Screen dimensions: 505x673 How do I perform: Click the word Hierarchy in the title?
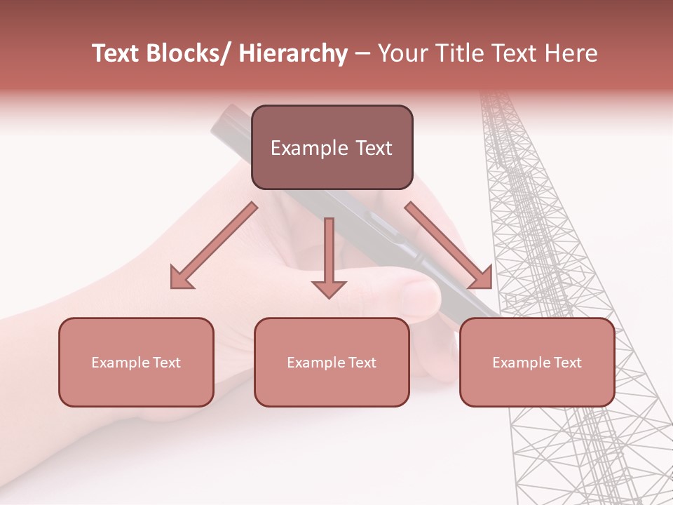[293, 54]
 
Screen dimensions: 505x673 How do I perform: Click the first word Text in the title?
[117, 54]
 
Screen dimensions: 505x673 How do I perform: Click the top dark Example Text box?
[332, 148]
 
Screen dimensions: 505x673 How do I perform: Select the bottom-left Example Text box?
[136, 363]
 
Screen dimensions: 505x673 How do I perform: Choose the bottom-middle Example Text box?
[332, 363]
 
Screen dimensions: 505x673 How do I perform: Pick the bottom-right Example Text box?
[537, 363]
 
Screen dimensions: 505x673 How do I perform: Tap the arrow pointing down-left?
[214, 245]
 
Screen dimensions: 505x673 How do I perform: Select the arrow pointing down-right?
[449, 245]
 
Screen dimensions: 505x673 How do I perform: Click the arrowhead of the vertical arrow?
[329, 288]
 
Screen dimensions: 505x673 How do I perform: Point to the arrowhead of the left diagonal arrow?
[181, 278]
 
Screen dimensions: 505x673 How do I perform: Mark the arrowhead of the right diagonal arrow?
[481, 277]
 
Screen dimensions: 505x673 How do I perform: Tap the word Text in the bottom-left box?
[164, 363]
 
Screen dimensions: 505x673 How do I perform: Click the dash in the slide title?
[362, 54]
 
